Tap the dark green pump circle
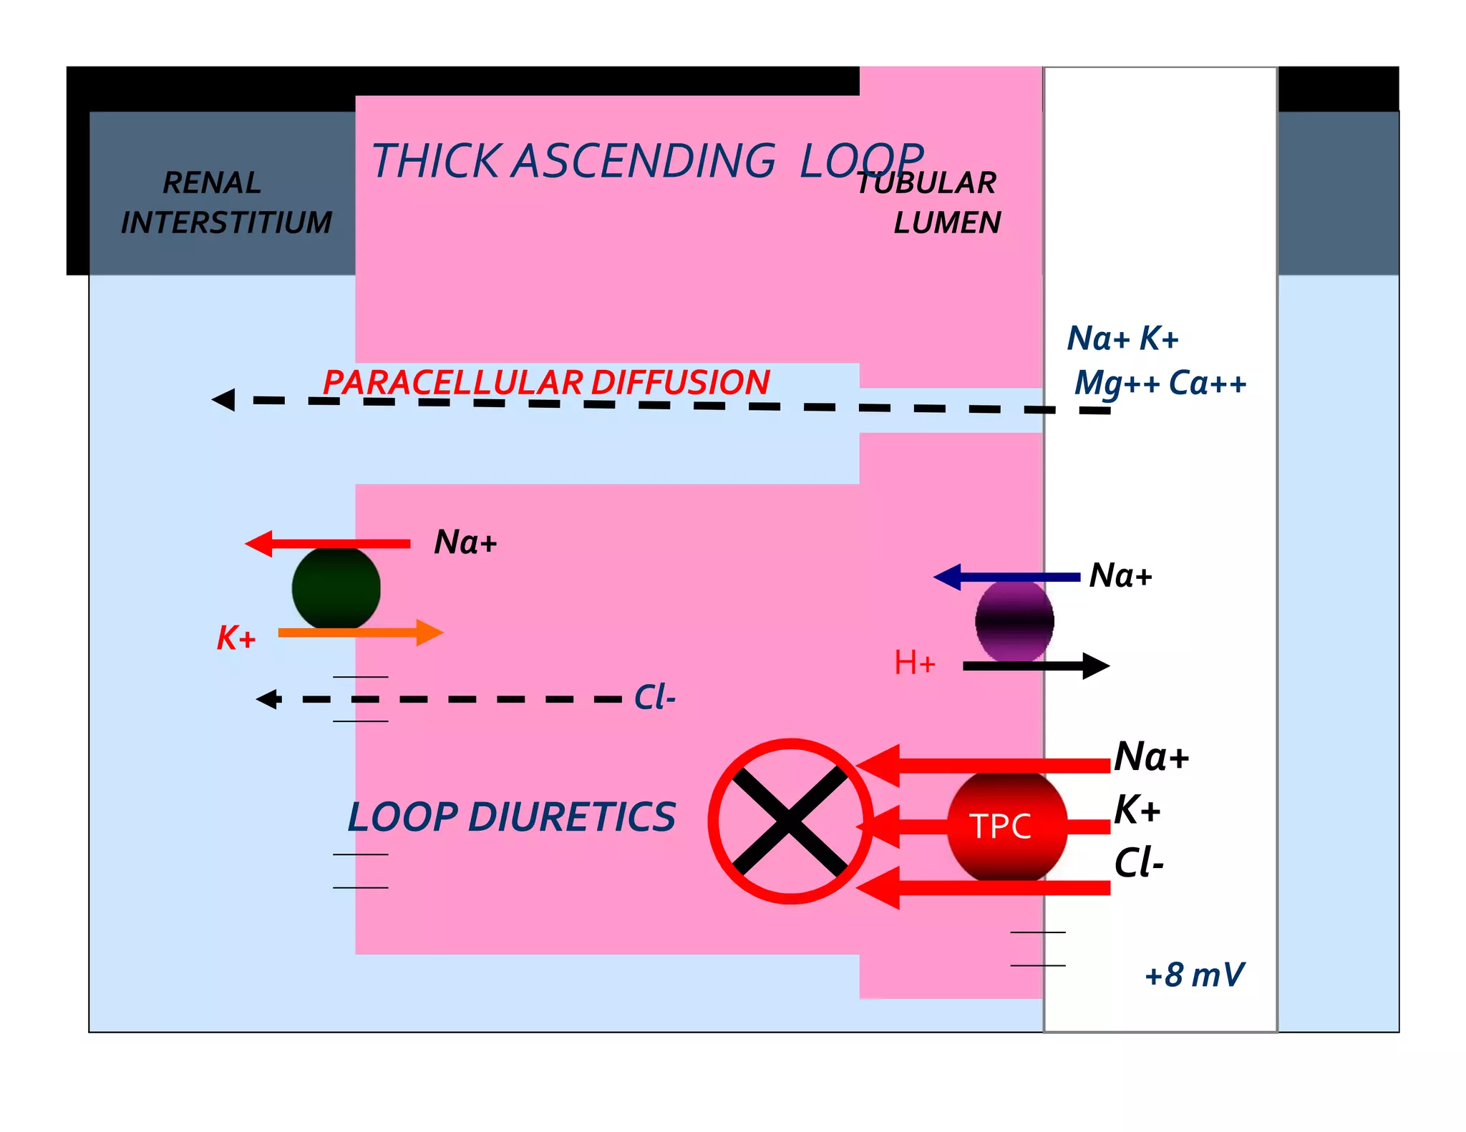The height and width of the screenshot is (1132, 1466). tap(336, 588)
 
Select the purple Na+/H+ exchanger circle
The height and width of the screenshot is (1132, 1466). tap(1014, 620)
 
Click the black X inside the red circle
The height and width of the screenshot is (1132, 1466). tap(790, 821)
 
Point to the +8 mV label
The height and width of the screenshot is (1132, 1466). tap(1194, 975)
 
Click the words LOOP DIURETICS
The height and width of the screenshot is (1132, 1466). tap(511, 817)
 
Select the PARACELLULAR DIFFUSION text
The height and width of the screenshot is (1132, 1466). tap(545, 382)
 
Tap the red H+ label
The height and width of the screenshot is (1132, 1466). tap(914, 663)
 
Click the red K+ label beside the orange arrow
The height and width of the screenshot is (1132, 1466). tap(236, 638)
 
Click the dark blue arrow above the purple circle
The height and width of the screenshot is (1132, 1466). tap(1006, 577)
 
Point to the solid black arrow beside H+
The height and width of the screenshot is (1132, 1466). tap(1036, 666)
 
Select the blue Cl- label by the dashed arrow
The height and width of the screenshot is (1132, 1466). tap(654, 697)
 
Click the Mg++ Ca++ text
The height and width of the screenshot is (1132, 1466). tap(1160, 384)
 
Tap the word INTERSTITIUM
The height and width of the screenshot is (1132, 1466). tap(226, 223)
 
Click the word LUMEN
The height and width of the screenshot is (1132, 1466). tap(947, 223)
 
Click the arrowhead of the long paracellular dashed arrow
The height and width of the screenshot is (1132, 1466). tap(223, 399)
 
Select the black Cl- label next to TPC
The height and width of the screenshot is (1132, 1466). tap(1138, 862)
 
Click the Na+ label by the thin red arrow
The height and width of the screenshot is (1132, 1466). tap(465, 542)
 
